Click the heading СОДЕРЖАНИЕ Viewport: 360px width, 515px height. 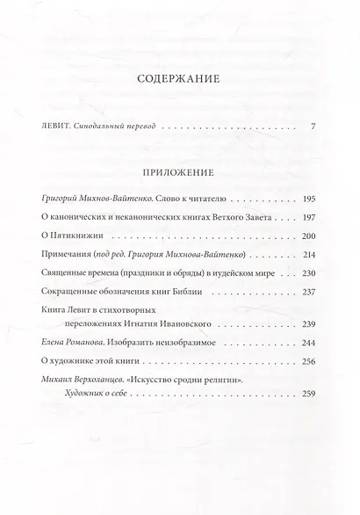[x=179, y=78]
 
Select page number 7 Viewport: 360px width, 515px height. [x=313, y=127]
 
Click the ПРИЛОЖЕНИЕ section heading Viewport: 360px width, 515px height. [x=179, y=172]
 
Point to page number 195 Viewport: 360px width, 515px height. [x=308, y=199]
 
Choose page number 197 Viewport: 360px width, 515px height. [x=308, y=216]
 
